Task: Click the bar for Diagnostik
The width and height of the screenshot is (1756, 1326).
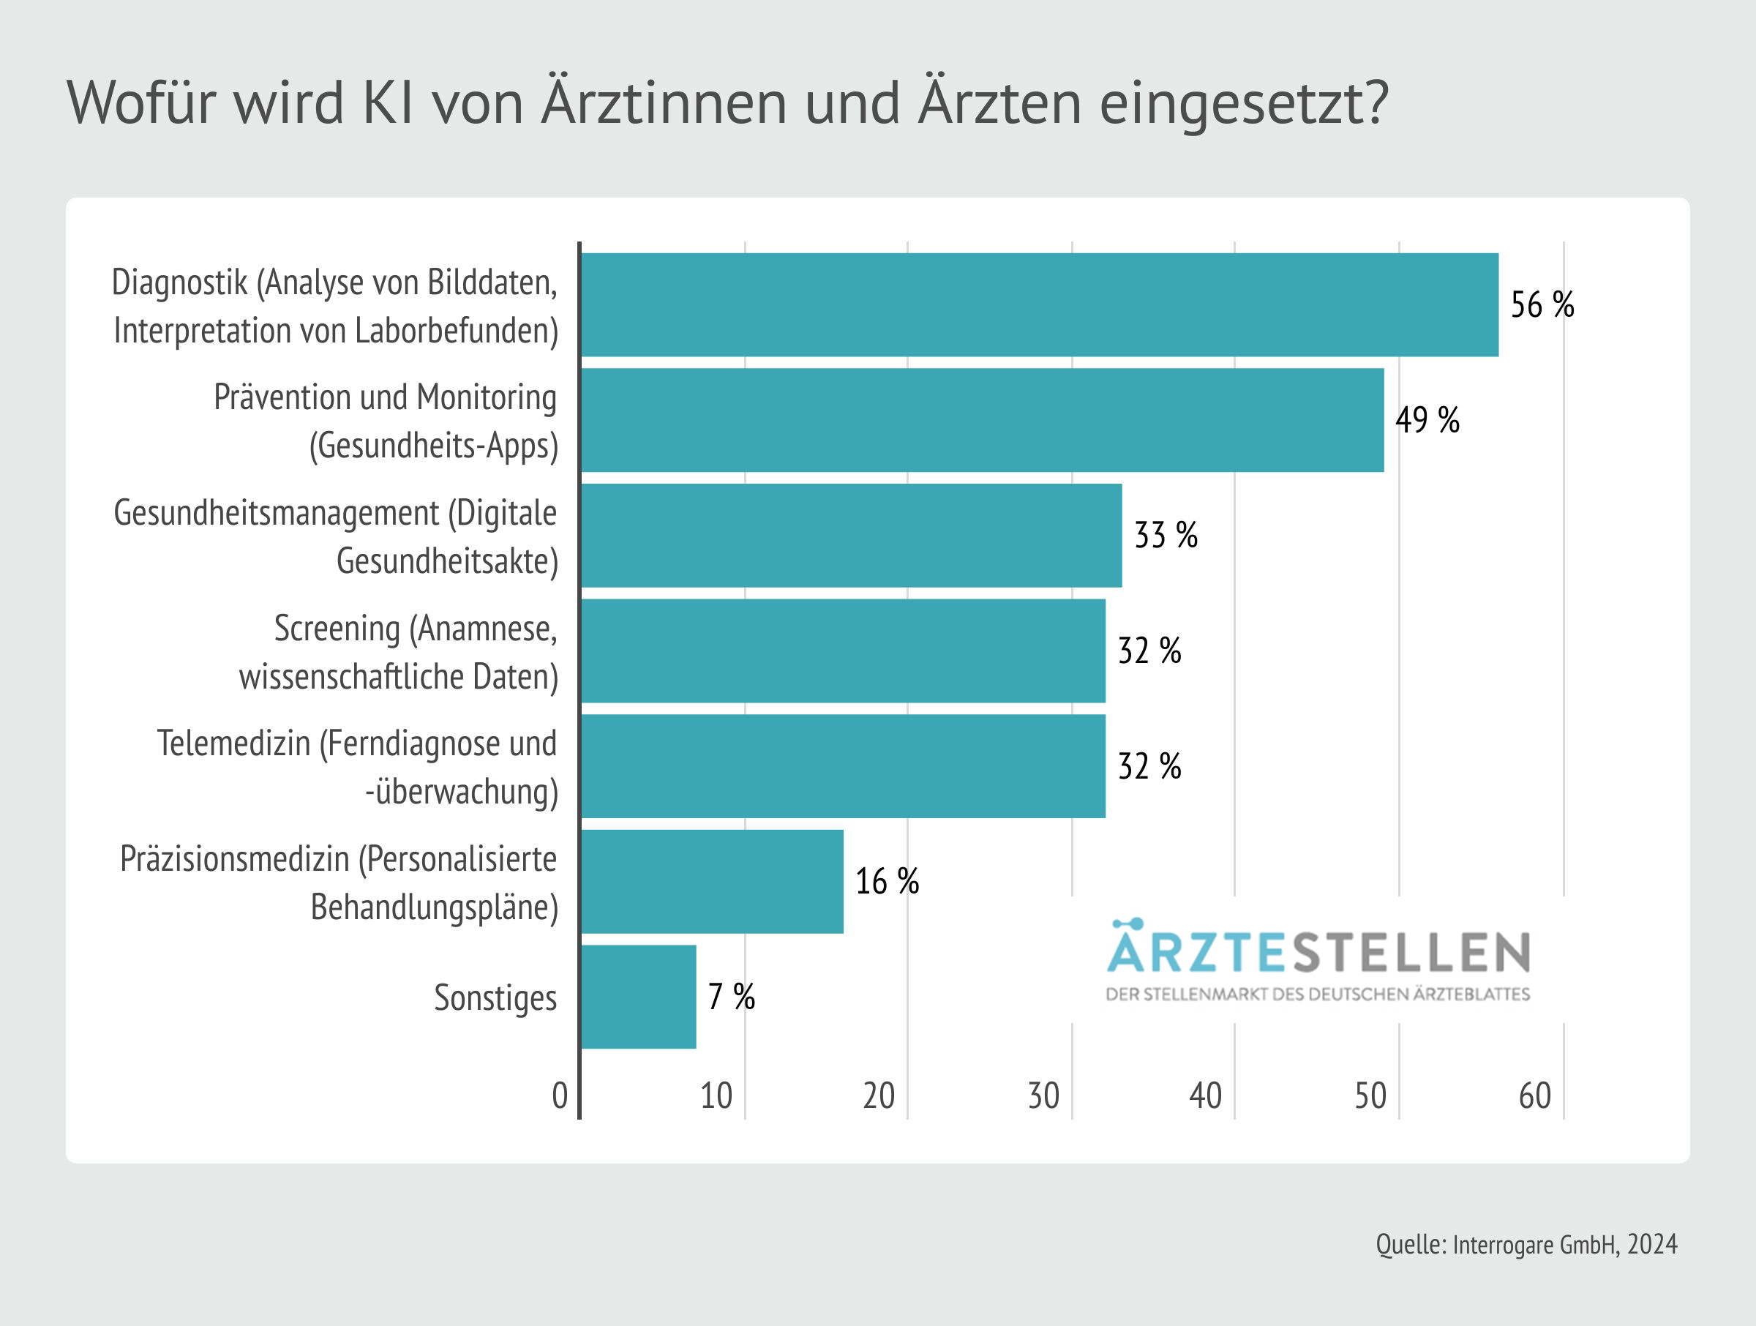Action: [1040, 305]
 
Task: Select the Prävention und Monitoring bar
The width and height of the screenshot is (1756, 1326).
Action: [983, 420]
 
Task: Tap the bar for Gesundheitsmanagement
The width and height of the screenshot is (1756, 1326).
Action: [851, 535]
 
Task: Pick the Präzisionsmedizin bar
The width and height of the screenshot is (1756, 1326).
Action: [712, 881]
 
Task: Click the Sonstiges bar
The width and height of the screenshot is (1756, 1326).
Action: [639, 997]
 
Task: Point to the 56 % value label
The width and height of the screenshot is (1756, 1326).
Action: [1542, 305]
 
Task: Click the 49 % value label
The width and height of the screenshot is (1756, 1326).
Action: [1427, 420]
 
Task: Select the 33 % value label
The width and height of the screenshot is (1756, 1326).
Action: [1166, 535]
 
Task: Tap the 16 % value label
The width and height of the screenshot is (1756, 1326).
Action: [887, 881]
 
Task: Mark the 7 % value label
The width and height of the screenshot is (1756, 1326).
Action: [731, 997]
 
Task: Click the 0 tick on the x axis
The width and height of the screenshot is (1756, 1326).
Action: [560, 1096]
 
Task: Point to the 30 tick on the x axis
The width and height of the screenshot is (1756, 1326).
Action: [1043, 1096]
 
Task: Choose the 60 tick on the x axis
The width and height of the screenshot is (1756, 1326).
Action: [1534, 1096]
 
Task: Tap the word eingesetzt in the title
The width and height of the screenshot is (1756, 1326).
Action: [1243, 104]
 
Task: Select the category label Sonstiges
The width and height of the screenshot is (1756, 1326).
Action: [495, 998]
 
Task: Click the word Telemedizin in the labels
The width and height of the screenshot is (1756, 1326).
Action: [234, 744]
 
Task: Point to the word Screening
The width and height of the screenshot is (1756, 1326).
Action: [337, 629]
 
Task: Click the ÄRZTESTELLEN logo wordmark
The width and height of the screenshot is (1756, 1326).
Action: [1318, 952]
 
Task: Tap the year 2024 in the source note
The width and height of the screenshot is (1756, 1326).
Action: [1652, 1244]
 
